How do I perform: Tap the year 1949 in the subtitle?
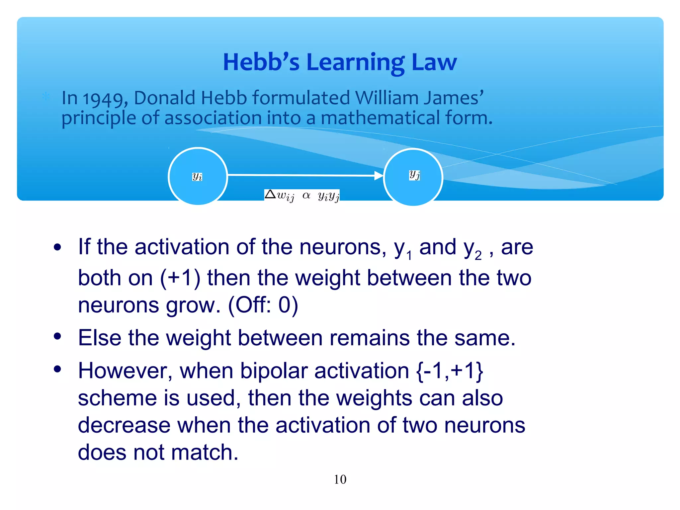click(103, 99)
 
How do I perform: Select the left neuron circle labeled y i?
click(198, 176)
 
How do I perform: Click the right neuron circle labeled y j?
click(413, 177)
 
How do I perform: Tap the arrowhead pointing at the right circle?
click(379, 175)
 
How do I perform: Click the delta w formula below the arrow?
click(302, 196)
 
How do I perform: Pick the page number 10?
click(340, 479)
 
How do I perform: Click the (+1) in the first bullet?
click(180, 278)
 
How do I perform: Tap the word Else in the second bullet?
click(100, 338)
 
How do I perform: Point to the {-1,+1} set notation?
click(450, 371)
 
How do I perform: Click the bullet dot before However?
click(57, 369)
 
